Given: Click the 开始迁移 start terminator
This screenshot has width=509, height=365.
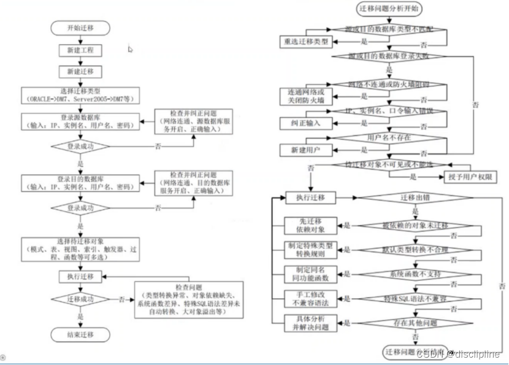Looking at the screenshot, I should coord(80,28).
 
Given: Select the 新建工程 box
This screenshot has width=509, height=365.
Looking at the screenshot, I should coord(80,50).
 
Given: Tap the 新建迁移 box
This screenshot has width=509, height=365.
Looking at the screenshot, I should coord(80,71).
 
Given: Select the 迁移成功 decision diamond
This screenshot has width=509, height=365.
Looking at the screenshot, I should coord(80,299).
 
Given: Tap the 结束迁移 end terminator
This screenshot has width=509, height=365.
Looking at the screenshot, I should coord(80,336).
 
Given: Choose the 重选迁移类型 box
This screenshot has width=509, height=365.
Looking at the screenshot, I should coord(306,41).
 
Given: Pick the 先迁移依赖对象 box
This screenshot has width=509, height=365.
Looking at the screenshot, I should coord(310,225).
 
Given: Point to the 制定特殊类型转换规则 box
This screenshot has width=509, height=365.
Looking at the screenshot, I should coord(310,250).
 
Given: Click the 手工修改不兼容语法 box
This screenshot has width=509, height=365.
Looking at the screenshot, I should coord(310,299).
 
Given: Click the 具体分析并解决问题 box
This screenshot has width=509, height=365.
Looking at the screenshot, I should coord(310,323).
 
